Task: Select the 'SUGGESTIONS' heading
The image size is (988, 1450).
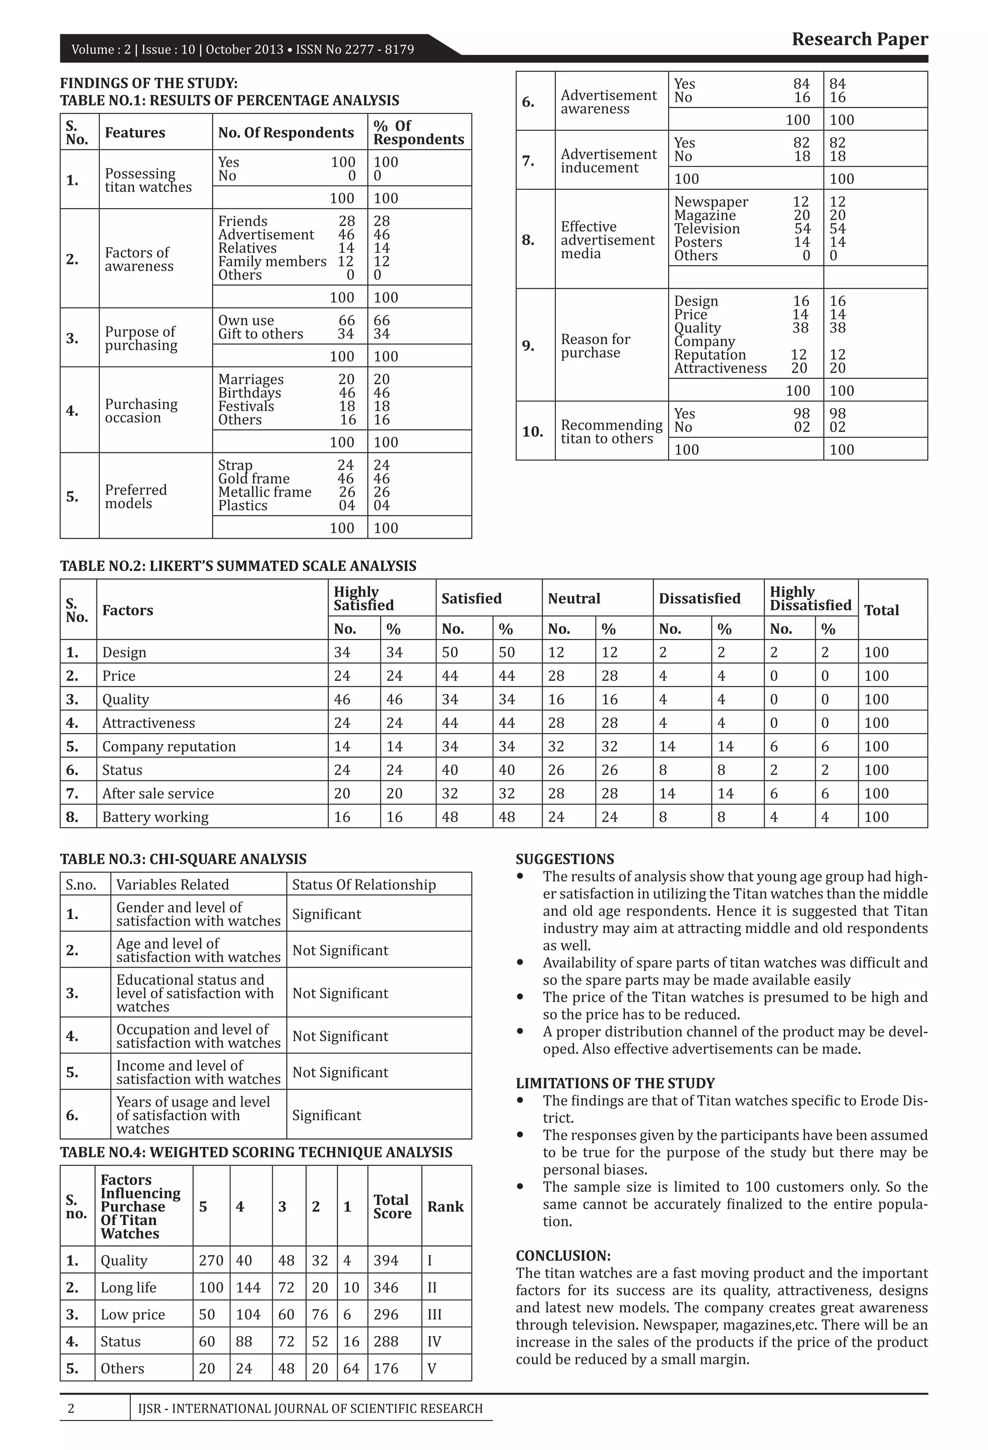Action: [x=564, y=859]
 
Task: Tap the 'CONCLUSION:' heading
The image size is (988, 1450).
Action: [x=563, y=1256]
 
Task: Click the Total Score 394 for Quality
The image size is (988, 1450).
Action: [x=385, y=1260]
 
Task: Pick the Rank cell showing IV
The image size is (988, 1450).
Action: [x=434, y=1341]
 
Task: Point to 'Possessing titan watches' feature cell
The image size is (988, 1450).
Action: [x=149, y=181]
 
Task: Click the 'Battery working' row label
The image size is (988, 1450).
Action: [x=155, y=817]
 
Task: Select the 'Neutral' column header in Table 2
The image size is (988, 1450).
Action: [x=574, y=599]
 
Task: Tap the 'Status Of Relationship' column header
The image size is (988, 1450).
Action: [x=364, y=885]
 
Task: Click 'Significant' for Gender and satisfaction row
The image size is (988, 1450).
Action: [x=326, y=915]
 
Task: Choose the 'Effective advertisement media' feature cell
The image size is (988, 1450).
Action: [x=607, y=240]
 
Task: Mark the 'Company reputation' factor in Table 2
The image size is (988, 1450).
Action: [x=169, y=747]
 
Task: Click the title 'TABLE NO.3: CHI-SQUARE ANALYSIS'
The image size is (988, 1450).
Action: [x=183, y=859]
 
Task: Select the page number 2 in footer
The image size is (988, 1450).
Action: [x=70, y=1409]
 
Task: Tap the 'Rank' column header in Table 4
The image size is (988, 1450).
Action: [x=445, y=1207]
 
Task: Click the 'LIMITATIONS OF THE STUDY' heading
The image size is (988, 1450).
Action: [x=615, y=1084]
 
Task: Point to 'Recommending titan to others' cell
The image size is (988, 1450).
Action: [x=611, y=432]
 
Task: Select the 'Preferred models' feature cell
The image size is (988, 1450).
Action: [x=136, y=497]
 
